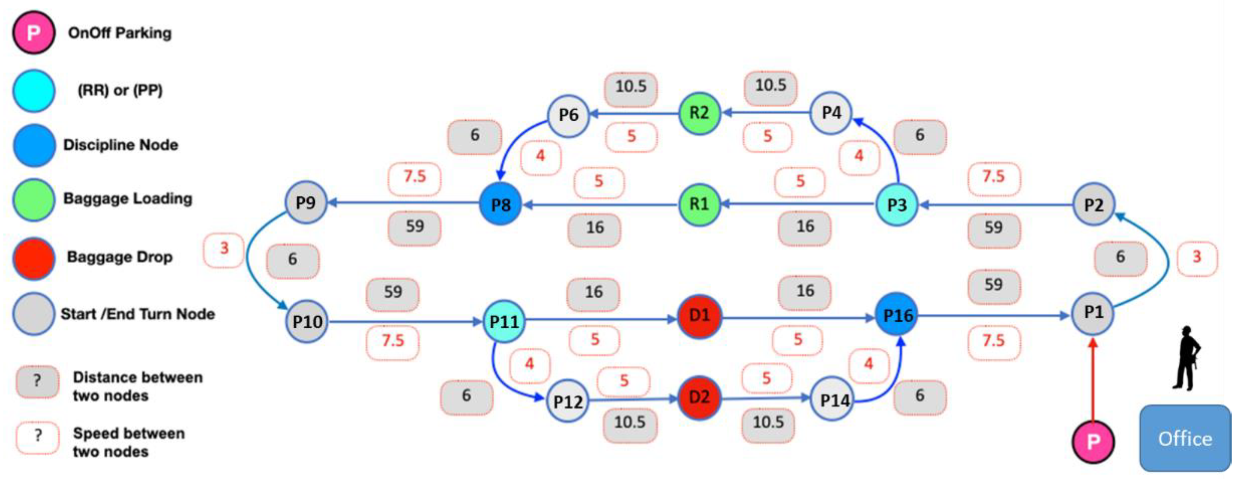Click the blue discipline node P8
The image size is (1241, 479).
(x=500, y=204)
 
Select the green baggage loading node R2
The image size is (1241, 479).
(x=699, y=113)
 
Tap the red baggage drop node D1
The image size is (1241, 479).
(x=699, y=316)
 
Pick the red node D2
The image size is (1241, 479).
(x=699, y=397)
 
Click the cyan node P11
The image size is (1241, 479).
(x=504, y=322)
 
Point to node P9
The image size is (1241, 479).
(x=306, y=202)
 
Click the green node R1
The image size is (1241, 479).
(x=699, y=204)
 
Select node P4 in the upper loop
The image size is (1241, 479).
(x=831, y=113)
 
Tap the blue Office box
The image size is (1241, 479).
(x=1185, y=438)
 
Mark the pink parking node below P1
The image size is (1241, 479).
(x=1093, y=441)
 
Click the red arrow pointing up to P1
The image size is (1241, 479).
(x=1093, y=381)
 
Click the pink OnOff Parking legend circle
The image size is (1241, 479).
(x=33, y=33)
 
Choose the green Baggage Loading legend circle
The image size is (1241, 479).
(x=33, y=199)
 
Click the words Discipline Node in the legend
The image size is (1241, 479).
(x=121, y=145)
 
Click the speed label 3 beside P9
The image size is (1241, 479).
(x=224, y=249)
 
